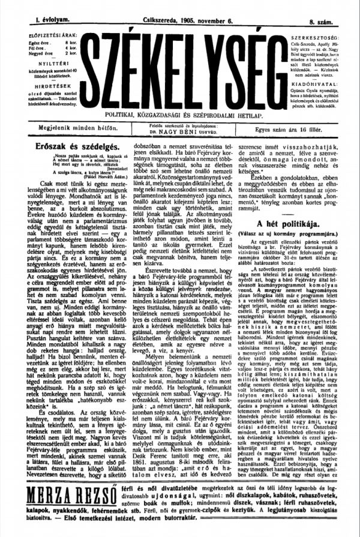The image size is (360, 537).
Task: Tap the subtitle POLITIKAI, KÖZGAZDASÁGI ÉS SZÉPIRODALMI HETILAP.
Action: click(179, 113)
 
